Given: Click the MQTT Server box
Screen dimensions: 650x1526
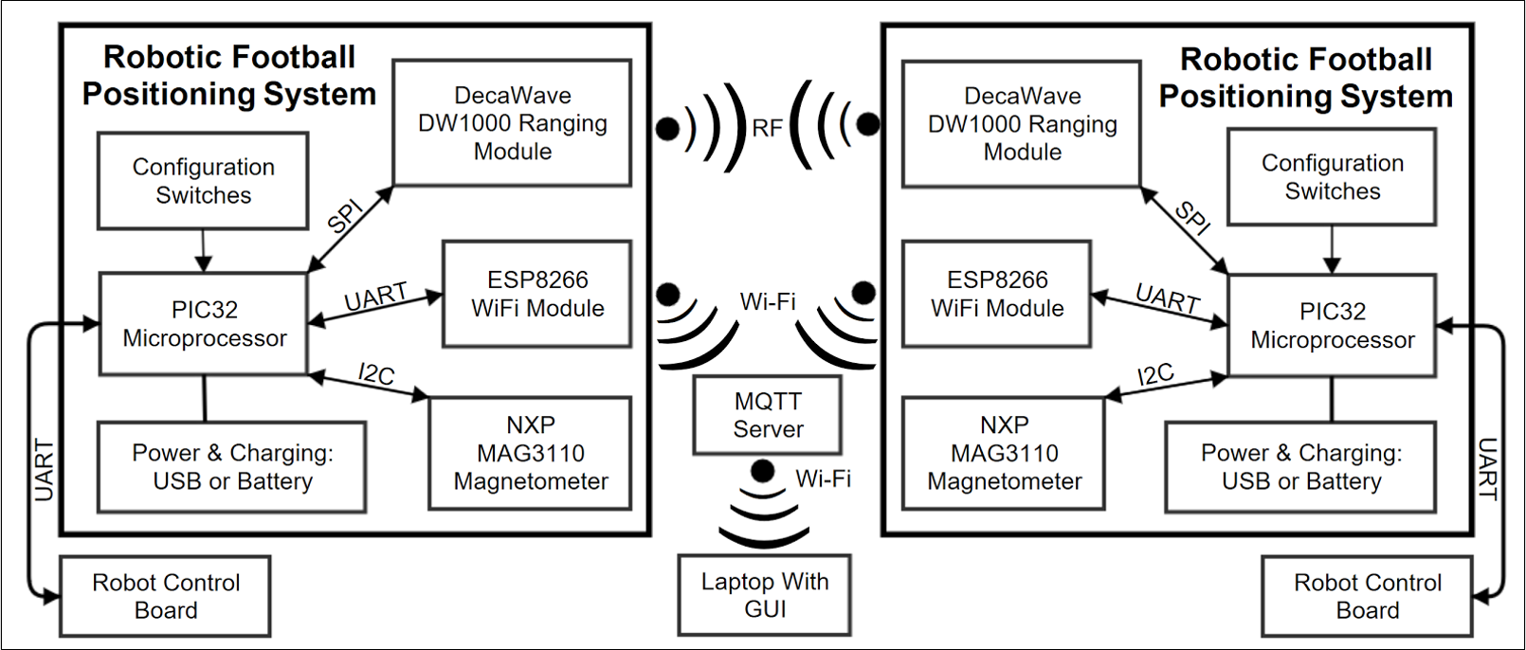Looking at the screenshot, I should [x=768, y=415].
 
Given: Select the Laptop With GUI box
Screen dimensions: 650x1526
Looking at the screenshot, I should [x=765, y=595].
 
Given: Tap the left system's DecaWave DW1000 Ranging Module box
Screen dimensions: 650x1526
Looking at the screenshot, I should [x=513, y=123].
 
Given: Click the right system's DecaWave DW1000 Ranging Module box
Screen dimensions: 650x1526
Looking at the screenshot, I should [x=1022, y=124].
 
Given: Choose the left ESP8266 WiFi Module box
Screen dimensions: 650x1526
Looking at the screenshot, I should [x=537, y=294].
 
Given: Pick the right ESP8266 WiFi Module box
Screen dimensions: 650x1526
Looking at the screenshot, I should [x=997, y=294].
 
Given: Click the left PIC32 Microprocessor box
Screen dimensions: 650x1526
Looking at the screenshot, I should [x=204, y=324].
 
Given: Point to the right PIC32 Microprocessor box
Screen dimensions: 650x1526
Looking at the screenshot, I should [x=1332, y=326].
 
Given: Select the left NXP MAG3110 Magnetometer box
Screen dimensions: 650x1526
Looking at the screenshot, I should [x=531, y=453].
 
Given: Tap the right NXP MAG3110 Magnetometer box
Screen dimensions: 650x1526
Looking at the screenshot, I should [x=1004, y=453].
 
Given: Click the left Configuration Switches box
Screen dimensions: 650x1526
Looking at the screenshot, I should [x=203, y=181].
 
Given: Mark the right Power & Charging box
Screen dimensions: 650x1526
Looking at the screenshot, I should [x=1300, y=467].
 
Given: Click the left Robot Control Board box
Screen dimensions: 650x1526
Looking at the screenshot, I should [x=166, y=596].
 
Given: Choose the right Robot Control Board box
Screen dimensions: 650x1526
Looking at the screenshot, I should [x=1368, y=596].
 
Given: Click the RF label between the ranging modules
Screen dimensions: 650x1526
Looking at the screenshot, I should [x=768, y=128].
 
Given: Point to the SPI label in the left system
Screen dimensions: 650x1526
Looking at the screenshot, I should [x=345, y=217].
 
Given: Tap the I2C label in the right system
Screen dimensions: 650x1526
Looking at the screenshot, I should [x=1155, y=375].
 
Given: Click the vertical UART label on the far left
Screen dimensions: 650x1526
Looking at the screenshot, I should [x=44, y=470].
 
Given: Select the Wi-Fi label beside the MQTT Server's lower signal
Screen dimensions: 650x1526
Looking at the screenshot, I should [x=823, y=478].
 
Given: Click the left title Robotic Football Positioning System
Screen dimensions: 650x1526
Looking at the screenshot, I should [x=229, y=76].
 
